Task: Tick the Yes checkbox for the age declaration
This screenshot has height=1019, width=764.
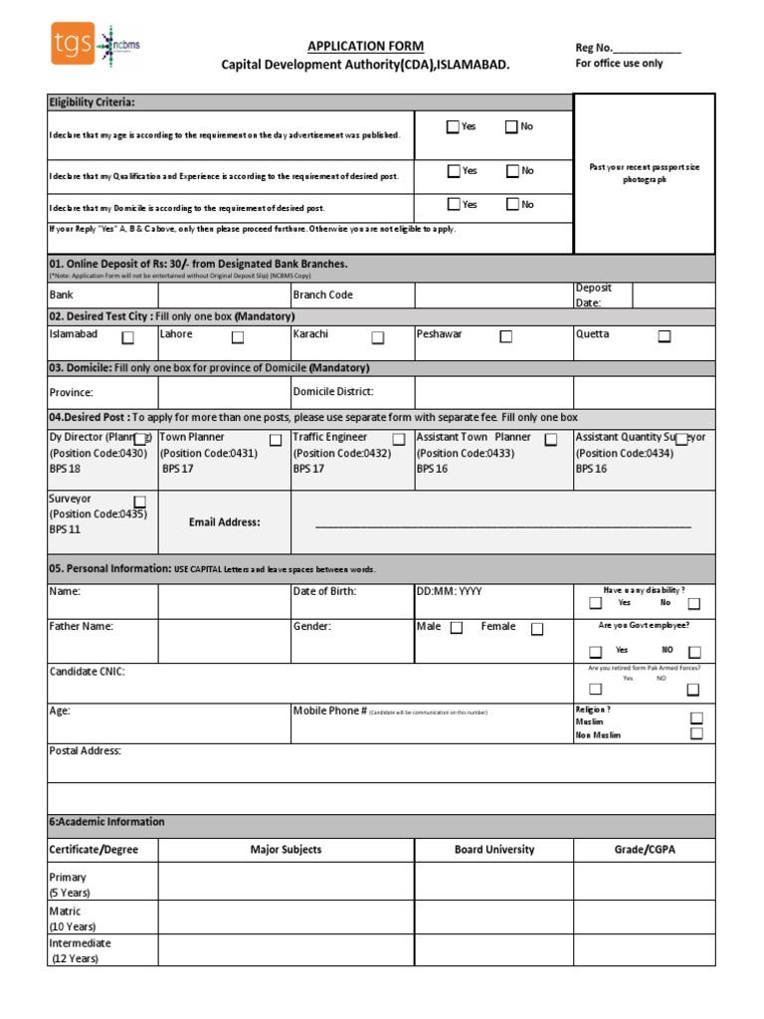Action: tap(454, 126)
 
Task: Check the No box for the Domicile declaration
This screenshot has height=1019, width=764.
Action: tap(511, 205)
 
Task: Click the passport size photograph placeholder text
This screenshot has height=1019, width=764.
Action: tap(645, 173)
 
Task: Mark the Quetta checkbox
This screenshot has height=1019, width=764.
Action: tap(664, 337)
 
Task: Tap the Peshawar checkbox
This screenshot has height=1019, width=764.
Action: tap(505, 337)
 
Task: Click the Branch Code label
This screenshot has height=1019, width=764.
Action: tap(322, 295)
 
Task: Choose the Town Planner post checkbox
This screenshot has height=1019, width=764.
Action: tap(276, 440)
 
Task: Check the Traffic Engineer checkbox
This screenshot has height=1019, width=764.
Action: tap(398, 440)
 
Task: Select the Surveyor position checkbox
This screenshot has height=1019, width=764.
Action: tap(140, 501)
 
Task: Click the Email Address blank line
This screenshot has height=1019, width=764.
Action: tap(502, 524)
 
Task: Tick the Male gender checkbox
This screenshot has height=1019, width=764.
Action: tap(457, 628)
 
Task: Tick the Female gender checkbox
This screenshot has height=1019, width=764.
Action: tap(537, 629)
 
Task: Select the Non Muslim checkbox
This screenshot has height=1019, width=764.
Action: tap(696, 733)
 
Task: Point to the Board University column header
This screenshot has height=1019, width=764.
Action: tap(494, 850)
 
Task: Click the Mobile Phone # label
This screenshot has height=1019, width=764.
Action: tap(329, 711)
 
